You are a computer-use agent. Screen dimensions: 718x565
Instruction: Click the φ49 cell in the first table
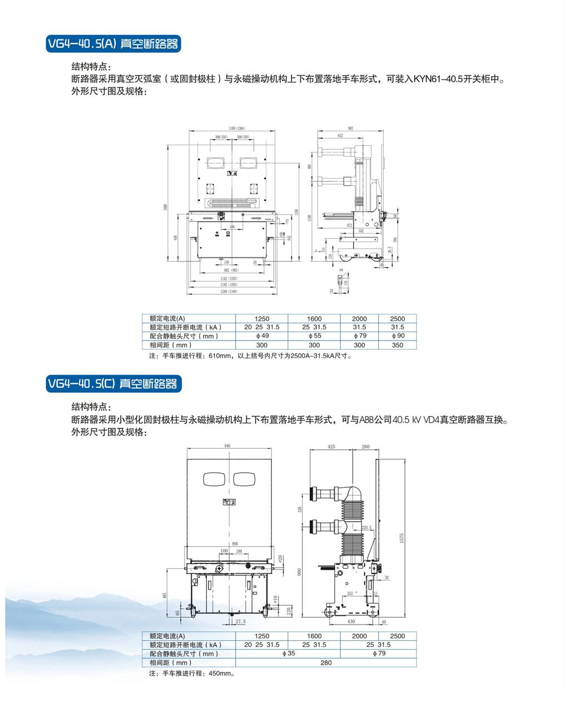[x=261, y=336]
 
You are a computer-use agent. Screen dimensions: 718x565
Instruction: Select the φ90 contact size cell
[x=398, y=336]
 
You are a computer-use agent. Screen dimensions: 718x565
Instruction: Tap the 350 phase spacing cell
[x=398, y=345]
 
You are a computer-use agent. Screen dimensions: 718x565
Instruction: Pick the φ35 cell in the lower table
[x=289, y=653]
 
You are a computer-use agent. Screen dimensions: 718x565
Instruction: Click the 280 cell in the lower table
[x=326, y=662]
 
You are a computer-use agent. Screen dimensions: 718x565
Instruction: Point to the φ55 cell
[x=314, y=336]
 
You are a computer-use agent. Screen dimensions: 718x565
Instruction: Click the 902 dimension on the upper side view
[x=350, y=128]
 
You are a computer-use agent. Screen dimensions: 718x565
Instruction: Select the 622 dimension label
[x=340, y=135]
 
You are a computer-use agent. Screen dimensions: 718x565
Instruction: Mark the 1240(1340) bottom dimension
[x=229, y=291]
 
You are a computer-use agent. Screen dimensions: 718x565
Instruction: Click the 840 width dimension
[x=227, y=446]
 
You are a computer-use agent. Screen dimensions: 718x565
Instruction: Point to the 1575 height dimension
[x=402, y=538]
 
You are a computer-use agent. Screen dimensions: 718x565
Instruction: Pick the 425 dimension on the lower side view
[x=331, y=447]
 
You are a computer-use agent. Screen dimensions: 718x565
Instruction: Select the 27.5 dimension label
[x=240, y=621]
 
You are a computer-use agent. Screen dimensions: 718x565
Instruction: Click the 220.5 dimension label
[x=366, y=527]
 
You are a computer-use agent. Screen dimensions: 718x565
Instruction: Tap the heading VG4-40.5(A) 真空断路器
[x=113, y=43]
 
